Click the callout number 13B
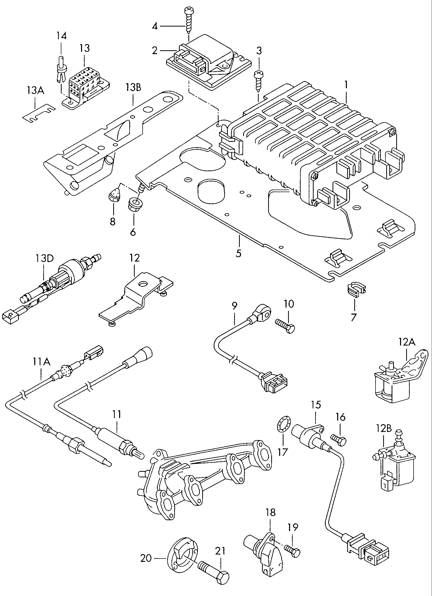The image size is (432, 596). point(133,87)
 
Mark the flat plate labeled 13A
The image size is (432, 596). point(39,113)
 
